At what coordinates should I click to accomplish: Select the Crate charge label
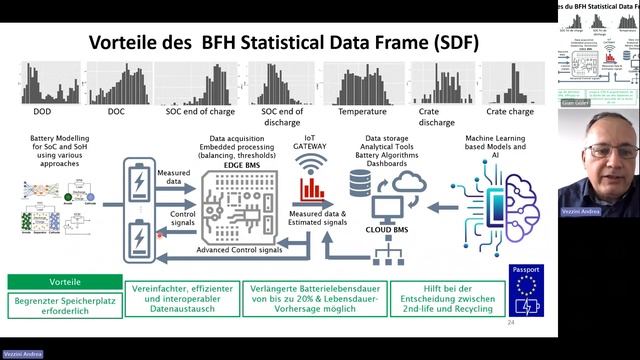[x=509, y=113]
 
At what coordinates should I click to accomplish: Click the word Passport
[x=527, y=269]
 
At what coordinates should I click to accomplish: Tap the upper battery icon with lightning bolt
[x=136, y=183]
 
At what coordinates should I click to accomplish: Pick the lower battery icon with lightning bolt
[x=136, y=240]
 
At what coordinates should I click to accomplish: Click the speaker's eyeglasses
[x=599, y=151]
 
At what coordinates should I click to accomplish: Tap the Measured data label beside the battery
[x=174, y=178]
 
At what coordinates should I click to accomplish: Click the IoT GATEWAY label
[x=315, y=142]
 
